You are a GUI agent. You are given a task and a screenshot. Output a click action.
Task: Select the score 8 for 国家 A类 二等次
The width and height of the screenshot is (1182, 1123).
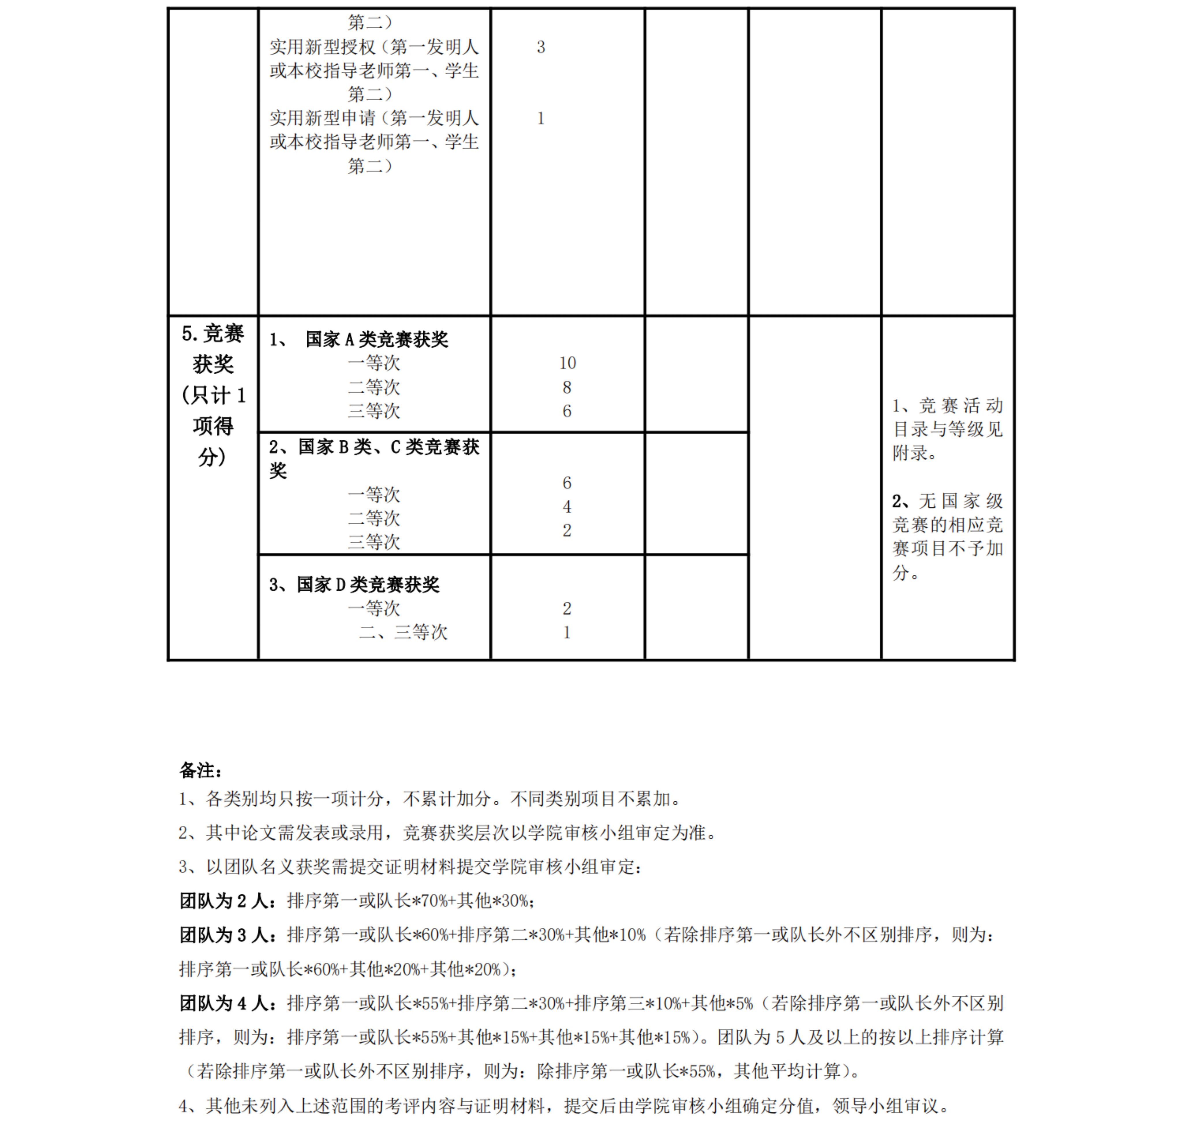click(566, 387)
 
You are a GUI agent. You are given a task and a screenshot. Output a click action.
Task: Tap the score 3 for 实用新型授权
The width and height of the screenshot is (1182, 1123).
click(541, 47)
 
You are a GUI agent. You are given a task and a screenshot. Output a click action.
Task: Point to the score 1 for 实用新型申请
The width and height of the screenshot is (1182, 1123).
click(541, 118)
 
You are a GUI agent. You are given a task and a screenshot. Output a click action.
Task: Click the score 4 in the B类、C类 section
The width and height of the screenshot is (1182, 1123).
click(566, 506)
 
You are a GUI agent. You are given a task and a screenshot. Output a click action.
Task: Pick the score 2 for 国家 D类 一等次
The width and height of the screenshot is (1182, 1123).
click(566, 609)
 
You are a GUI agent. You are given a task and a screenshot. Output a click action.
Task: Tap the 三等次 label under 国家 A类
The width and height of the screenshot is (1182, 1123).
click(374, 411)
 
